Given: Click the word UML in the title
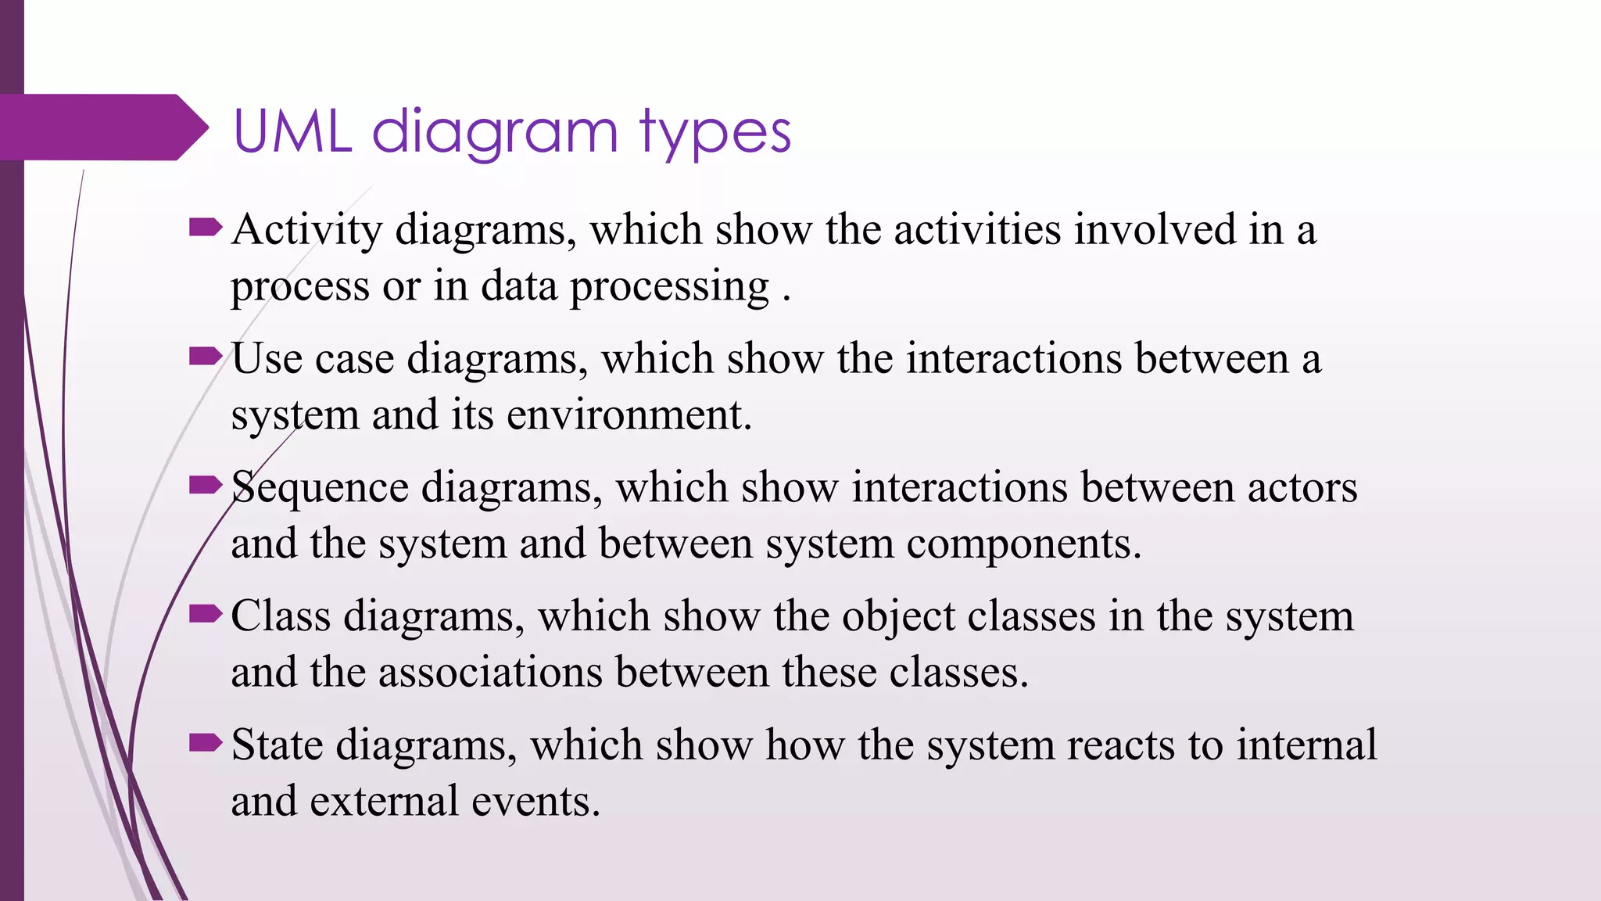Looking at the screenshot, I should click(x=292, y=131).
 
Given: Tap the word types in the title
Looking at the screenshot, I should click(x=716, y=133).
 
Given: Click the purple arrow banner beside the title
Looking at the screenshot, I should click(x=102, y=127).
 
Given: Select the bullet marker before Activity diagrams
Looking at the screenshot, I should click(x=206, y=228).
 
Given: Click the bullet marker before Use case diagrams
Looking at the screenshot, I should click(x=206, y=357).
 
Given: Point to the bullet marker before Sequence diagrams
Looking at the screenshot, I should click(x=206, y=486).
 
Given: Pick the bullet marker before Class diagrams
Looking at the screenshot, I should click(x=206, y=615).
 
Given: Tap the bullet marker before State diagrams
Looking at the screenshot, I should click(x=206, y=743).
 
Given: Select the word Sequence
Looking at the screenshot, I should click(x=320, y=487).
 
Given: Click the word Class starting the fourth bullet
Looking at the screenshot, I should click(x=281, y=616).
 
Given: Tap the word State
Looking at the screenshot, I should click(x=277, y=745).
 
